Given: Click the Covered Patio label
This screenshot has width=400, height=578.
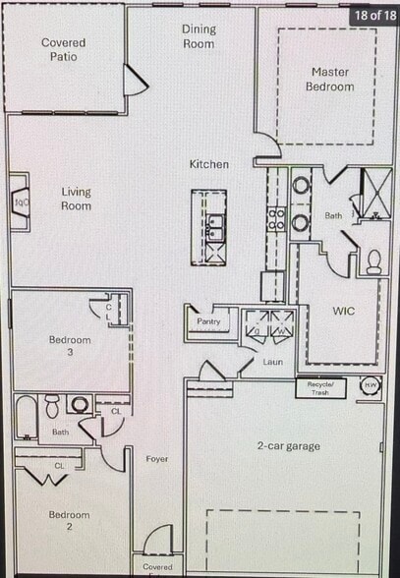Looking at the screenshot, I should pyautogui.click(x=63, y=49).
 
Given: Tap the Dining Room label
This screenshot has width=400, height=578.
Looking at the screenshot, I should pyautogui.click(x=199, y=36).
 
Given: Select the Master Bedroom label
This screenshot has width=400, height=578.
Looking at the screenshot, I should pyautogui.click(x=332, y=79).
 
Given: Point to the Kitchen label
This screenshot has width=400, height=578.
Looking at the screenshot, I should pyautogui.click(x=209, y=164).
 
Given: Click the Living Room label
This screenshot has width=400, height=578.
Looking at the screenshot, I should pyautogui.click(x=76, y=199).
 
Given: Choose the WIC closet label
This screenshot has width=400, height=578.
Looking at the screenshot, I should pyautogui.click(x=343, y=311).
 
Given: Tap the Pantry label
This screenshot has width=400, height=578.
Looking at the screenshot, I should pyautogui.click(x=208, y=320).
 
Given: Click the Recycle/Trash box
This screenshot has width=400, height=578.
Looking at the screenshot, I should pyautogui.click(x=320, y=386).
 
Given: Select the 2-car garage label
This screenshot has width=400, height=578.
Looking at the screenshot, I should pyautogui.click(x=289, y=446).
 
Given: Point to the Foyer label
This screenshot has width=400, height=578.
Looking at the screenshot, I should pyautogui.click(x=157, y=458).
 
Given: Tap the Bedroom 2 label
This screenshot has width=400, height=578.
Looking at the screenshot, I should pyautogui.click(x=69, y=521).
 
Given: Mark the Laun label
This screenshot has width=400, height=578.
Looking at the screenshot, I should pyautogui.click(x=273, y=362).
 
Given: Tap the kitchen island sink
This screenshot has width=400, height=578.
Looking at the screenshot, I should pyautogui.click(x=214, y=228).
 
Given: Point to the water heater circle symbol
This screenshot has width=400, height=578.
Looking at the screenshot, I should pyautogui.click(x=371, y=385).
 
